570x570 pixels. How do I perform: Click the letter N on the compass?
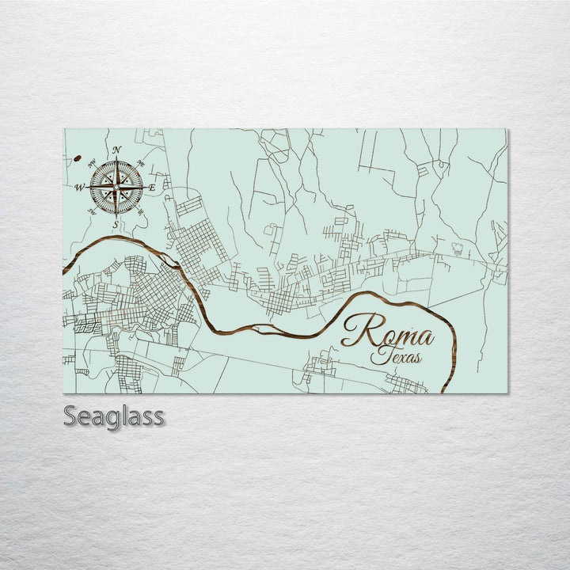pyautogui.click(x=116, y=150)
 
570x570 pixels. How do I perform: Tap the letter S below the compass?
pyautogui.click(x=116, y=225)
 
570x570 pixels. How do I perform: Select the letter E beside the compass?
pyautogui.click(x=152, y=188)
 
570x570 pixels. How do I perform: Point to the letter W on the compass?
pyautogui.click(x=79, y=188)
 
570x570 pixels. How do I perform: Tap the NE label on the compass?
pyautogui.click(x=141, y=163)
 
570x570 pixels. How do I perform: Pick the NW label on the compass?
pyautogui.click(x=92, y=163)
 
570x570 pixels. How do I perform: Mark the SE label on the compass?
pyautogui.click(x=141, y=211)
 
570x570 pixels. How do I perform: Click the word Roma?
pyautogui.click(x=389, y=332)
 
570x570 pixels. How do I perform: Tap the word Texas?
pyautogui.click(x=396, y=357)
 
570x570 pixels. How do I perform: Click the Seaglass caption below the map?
pyautogui.click(x=113, y=416)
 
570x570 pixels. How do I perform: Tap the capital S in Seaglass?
pyautogui.click(x=70, y=416)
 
